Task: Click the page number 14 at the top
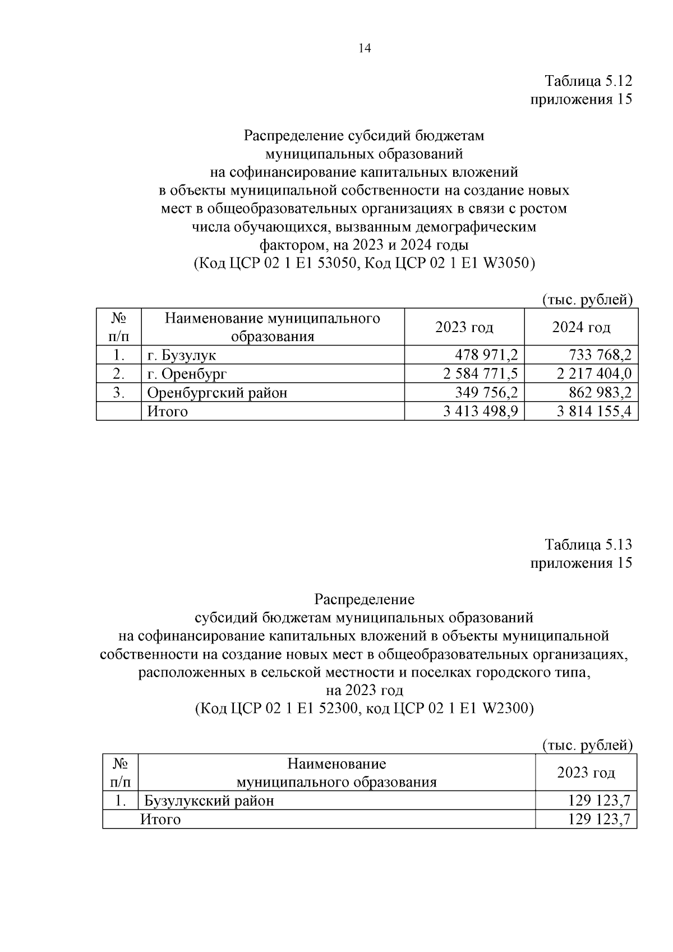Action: [x=364, y=48]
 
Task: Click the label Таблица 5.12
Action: [x=588, y=81]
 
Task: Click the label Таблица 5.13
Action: [x=588, y=544]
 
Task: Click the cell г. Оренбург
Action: [x=187, y=374]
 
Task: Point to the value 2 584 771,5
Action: [x=480, y=374]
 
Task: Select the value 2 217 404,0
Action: [x=594, y=374]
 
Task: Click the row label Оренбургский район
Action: [x=217, y=393]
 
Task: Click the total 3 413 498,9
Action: [x=480, y=412]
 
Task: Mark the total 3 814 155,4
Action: [x=594, y=412]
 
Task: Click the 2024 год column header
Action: [x=581, y=327]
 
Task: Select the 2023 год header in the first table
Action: [x=464, y=327]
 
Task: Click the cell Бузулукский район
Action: [x=209, y=801]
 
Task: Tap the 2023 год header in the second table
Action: [x=586, y=772]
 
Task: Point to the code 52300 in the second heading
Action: [x=337, y=709]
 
